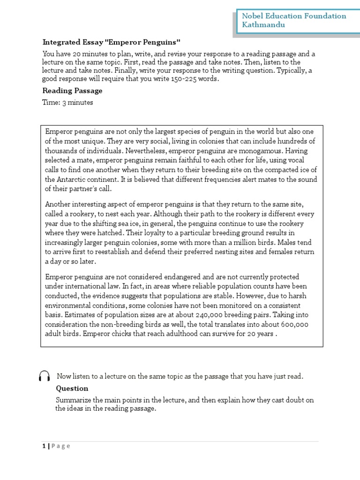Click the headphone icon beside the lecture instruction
pyautogui.click(x=45, y=376)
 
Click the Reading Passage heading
pyautogui.click(x=72, y=90)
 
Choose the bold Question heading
pyautogui.click(x=72, y=388)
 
